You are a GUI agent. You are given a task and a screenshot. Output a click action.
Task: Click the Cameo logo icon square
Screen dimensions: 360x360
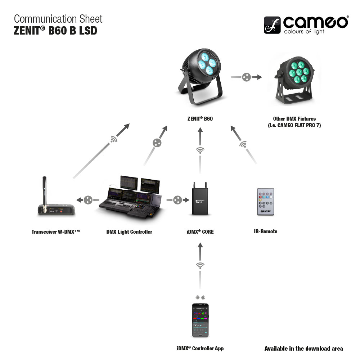[273, 25]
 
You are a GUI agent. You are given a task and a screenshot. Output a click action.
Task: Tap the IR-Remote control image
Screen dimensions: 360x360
[266, 202]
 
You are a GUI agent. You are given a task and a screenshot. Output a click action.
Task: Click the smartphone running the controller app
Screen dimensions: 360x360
[200, 320]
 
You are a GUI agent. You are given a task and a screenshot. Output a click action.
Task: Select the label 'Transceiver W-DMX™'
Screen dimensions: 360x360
[55, 232]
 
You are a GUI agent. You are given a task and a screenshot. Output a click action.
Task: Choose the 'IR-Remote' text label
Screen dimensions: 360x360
[266, 231]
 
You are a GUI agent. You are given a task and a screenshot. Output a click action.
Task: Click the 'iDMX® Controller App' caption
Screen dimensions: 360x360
[200, 348]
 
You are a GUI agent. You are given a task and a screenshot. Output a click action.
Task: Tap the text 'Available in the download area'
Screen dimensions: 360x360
[303, 348]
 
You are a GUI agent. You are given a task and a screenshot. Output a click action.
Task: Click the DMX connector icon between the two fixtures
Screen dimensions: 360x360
[246, 77]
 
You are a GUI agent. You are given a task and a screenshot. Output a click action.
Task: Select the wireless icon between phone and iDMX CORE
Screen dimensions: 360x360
[200, 266]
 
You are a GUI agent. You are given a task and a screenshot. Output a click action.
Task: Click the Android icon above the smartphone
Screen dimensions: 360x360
[197, 297]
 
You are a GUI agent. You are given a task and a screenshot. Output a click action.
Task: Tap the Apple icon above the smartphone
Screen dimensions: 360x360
[203, 297]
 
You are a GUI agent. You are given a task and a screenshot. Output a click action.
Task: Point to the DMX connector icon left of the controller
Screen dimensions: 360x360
[88, 200]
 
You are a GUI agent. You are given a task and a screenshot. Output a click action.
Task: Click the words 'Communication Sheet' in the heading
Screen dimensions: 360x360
[58, 19]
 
